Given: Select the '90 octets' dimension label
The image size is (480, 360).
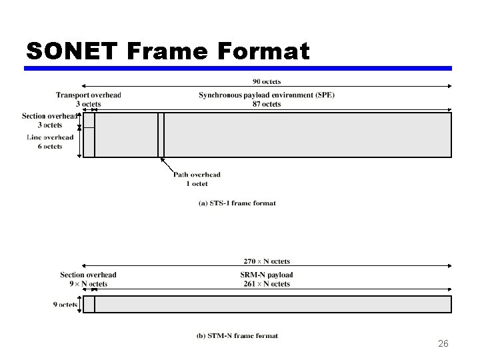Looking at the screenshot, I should click(267, 81).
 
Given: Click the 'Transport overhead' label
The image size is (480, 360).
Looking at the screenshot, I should click(88, 95).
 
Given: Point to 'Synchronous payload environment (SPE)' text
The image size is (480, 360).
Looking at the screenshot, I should click(267, 95).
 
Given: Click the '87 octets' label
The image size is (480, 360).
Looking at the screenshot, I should click(267, 104).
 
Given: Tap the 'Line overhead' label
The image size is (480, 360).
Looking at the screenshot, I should click(51, 137).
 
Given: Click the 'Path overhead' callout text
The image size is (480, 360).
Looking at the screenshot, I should click(197, 175).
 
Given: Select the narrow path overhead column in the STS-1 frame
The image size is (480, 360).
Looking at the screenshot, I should click(161, 135).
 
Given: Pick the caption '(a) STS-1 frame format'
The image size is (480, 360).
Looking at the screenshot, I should click(237, 203).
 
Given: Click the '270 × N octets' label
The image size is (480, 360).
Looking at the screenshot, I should click(267, 261).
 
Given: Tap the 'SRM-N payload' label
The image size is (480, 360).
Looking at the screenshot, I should click(267, 275).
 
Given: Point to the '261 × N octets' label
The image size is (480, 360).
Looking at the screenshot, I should click(267, 284).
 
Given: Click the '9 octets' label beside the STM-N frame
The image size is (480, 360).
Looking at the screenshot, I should click(65, 305).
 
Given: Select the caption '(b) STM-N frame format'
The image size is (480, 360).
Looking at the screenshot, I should click(237, 336).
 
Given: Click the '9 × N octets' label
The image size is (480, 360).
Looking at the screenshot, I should click(88, 284).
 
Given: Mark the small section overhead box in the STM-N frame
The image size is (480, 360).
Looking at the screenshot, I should click(89, 305).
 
